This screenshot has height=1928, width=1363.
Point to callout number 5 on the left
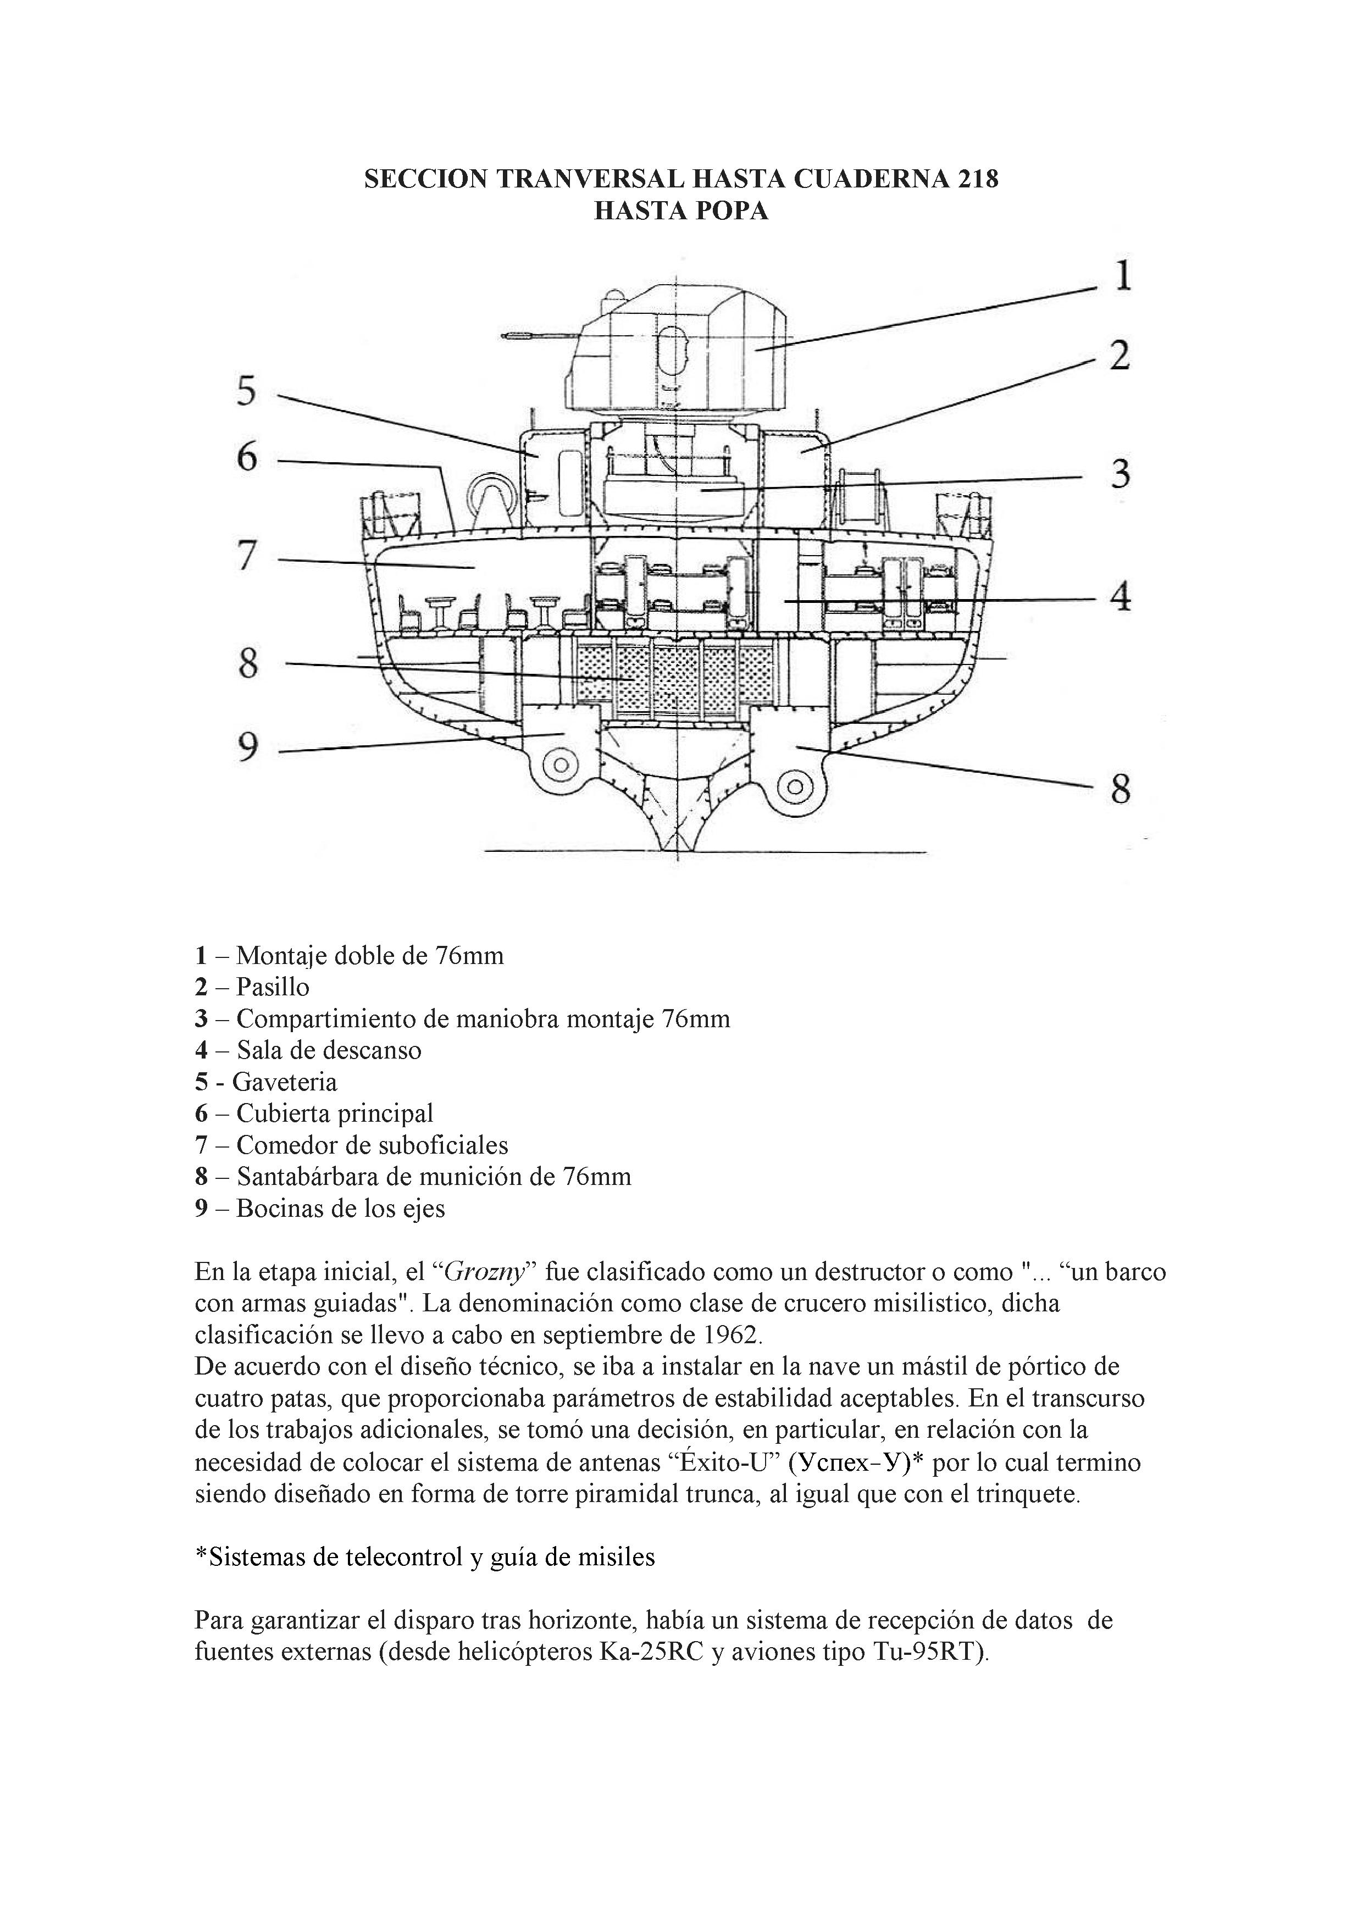click(x=245, y=391)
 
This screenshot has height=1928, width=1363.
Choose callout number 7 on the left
click(x=245, y=556)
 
